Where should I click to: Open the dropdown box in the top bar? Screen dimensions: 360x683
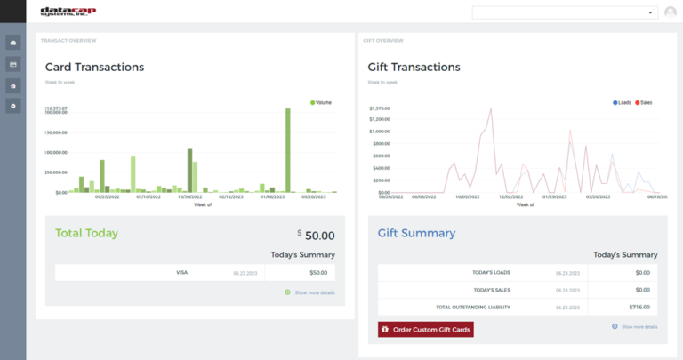pos(566,12)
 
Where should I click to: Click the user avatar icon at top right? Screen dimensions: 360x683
pos(670,12)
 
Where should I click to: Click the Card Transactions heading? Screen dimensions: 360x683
pos(94,67)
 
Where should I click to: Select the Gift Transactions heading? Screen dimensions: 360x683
pos(414,67)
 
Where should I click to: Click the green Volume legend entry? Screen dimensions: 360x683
pos(321,102)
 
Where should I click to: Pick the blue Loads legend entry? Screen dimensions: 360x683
pos(622,102)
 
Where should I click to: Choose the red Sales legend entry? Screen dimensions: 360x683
pos(644,102)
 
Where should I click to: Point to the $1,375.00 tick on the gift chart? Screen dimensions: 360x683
pos(380,108)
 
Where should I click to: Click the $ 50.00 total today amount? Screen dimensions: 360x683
pos(317,236)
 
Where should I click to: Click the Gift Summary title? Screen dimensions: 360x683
pos(416,233)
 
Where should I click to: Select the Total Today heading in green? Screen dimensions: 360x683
pos(86,233)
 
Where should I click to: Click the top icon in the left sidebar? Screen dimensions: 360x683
pos(13,42)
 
